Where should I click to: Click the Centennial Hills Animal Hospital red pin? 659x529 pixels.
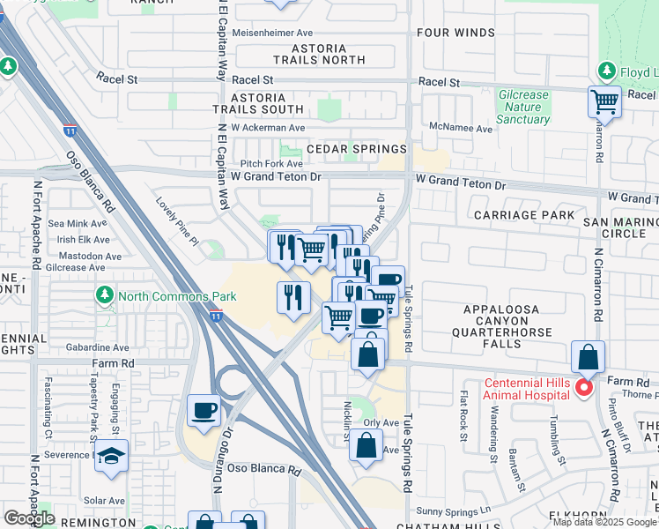582,387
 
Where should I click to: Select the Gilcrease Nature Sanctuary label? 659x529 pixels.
522,107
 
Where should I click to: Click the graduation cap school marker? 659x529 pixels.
112,456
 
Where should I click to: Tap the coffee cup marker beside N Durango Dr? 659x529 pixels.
204,411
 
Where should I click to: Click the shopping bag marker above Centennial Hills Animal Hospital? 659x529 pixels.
588,358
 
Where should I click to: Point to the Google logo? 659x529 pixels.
30,518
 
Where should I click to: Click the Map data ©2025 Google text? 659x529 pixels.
604,522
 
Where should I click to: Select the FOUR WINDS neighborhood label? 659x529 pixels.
456,33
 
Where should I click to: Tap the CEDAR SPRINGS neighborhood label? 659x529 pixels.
356,149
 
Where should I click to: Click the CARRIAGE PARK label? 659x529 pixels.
523,214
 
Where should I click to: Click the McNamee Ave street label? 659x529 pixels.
460,128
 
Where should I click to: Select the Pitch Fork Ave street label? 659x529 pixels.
271,163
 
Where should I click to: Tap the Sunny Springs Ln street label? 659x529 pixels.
453,510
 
